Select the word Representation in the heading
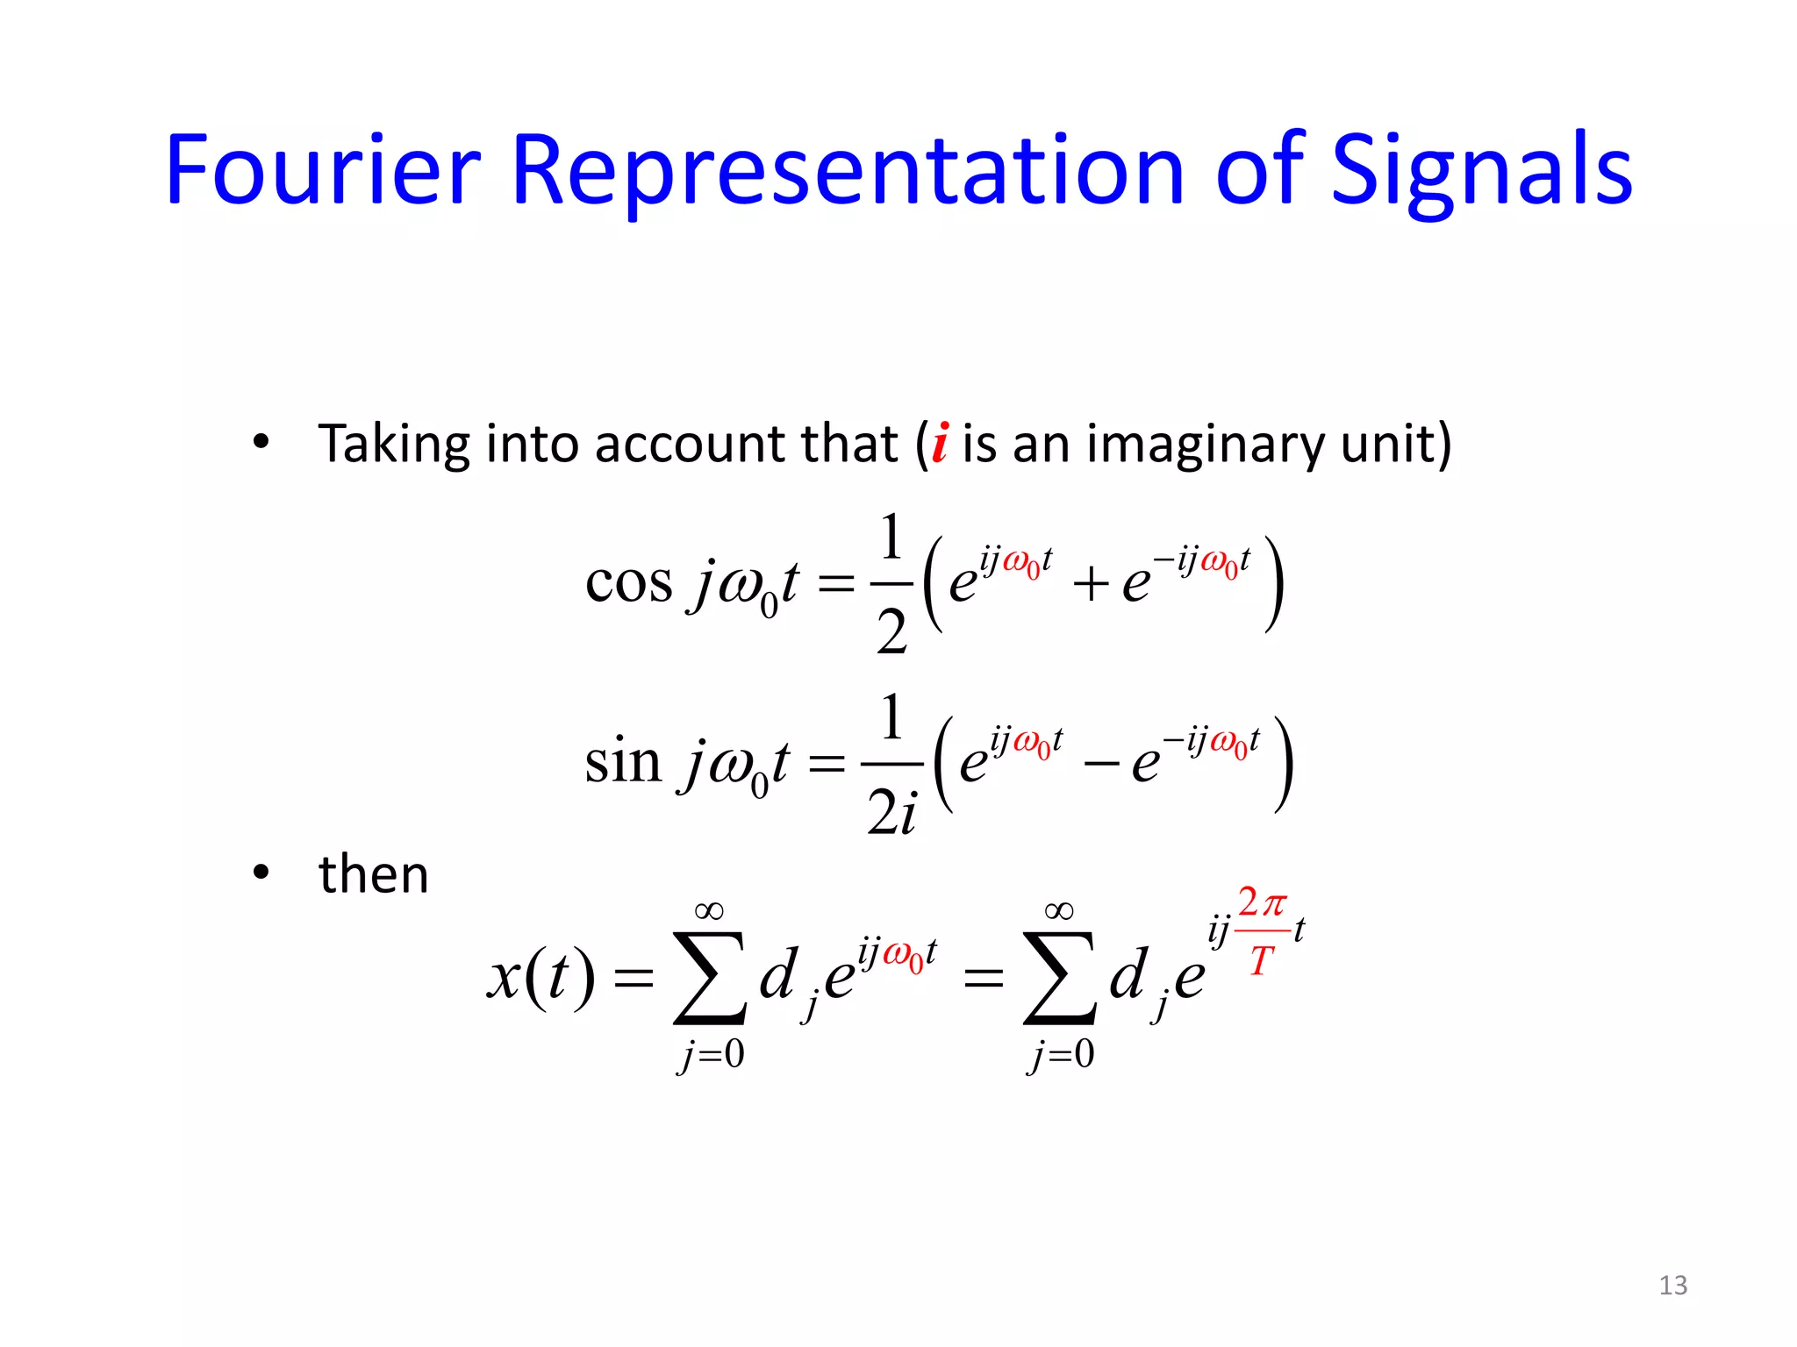click(x=846, y=171)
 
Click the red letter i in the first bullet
click(x=940, y=443)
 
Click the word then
click(x=374, y=874)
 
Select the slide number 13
click(x=1672, y=1285)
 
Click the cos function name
click(x=628, y=582)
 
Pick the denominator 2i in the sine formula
click(x=891, y=811)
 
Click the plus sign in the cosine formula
click(x=1091, y=584)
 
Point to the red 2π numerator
click(x=1262, y=902)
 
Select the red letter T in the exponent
click(x=1261, y=961)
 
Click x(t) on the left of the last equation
click(x=541, y=977)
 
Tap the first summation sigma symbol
click(x=709, y=978)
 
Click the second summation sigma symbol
click(x=1059, y=978)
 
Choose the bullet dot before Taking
click(x=261, y=442)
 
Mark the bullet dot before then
click(x=261, y=873)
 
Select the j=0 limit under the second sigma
click(x=1061, y=1054)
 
